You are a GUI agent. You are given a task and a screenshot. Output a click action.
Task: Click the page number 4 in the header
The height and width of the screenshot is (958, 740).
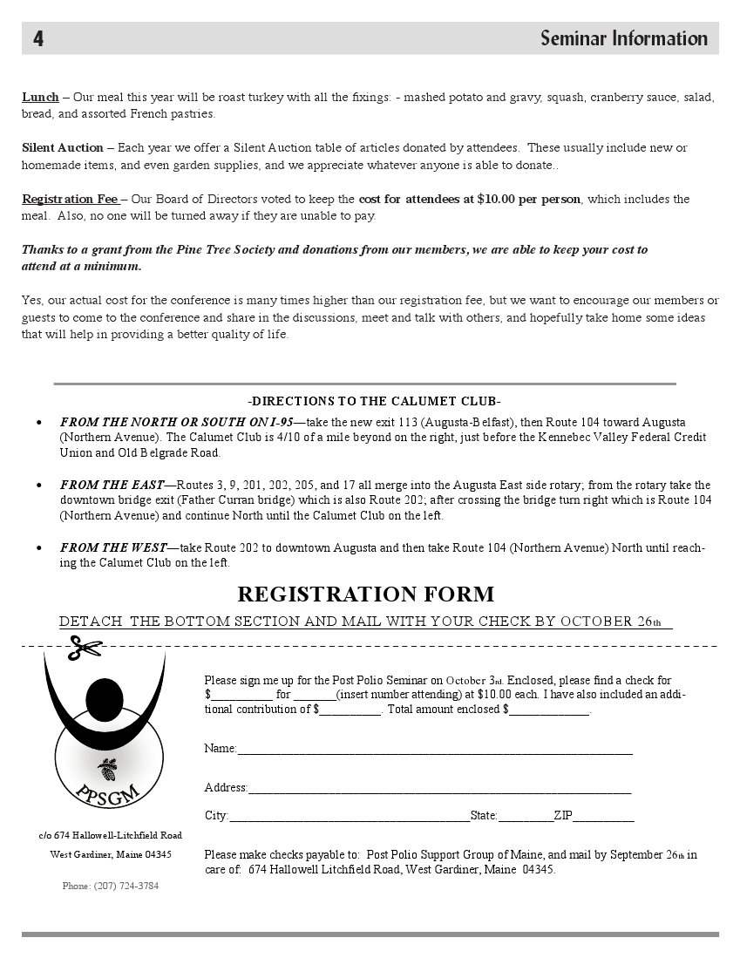tap(39, 38)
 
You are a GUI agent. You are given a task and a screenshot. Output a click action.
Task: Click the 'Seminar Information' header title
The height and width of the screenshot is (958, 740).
tap(623, 38)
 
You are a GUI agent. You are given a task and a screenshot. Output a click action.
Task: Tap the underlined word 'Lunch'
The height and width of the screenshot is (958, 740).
tap(40, 97)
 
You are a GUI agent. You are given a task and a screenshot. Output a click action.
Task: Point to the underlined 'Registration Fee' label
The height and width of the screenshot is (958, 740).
tap(71, 200)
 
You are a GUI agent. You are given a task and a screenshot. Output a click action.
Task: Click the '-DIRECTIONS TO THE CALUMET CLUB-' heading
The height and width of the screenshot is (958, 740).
tap(374, 402)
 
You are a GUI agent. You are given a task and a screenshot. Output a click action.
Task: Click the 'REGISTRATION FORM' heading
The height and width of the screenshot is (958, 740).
tap(365, 595)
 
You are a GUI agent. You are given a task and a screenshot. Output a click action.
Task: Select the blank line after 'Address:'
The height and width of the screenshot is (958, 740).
tap(439, 788)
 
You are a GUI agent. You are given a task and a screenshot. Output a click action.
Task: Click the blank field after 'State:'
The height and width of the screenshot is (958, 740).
tap(526, 817)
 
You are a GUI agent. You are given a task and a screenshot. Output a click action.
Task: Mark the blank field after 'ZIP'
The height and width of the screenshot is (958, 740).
tap(603, 817)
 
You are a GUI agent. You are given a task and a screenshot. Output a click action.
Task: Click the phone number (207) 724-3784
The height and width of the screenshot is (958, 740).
tap(110, 886)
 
